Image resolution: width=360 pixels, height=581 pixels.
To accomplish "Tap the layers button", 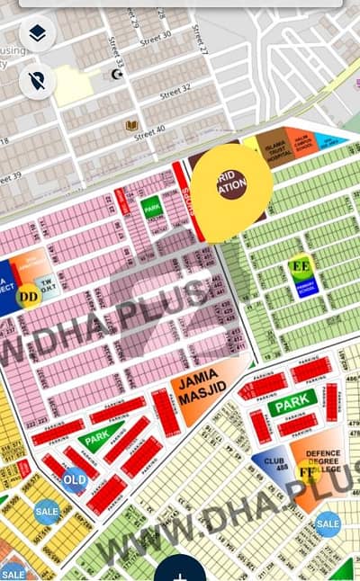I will click(37, 34).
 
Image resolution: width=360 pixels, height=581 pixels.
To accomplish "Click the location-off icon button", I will click(37, 81).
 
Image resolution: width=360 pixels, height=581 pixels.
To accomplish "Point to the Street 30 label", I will click(156, 36).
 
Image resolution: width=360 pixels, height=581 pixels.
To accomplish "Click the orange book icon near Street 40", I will click(132, 124).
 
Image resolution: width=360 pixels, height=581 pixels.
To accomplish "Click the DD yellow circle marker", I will click(28, 293).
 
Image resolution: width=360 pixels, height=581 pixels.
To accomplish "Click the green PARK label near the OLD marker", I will click(95, 441).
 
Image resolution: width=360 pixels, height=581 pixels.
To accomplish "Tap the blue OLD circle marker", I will click(75, 479).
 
